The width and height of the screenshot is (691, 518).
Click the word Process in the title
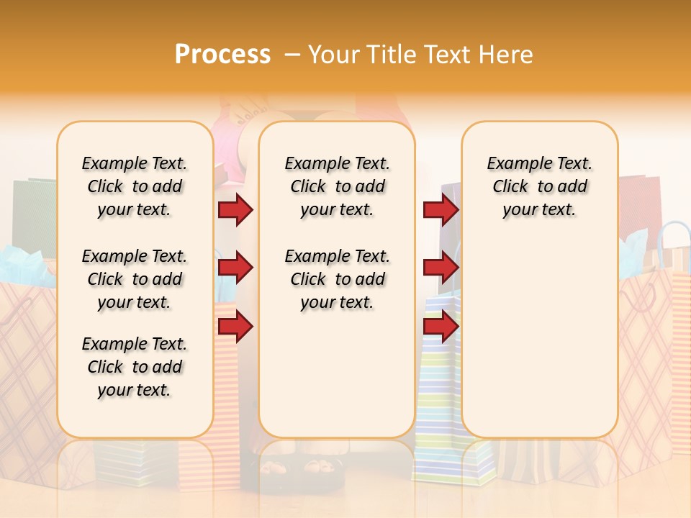(222, 54)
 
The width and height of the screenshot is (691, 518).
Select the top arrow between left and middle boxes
(235, 209)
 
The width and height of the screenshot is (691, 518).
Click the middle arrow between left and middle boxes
(235, 268)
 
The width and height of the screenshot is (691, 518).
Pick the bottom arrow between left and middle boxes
(235, 327)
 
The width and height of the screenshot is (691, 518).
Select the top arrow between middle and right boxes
(440, 209)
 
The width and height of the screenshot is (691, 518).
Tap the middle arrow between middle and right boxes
(440, 268)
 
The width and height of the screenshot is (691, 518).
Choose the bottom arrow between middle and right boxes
(440, 327)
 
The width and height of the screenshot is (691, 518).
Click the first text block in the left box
(135, 186)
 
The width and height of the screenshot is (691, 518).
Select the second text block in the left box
(135, 279)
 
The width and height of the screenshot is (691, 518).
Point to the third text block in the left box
(135, 367)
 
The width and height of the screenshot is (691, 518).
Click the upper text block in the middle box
(337, 186)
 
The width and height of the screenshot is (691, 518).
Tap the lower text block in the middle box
(337, 279)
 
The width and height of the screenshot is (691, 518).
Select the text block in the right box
(539, 186)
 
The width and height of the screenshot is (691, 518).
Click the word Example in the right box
(513, 164)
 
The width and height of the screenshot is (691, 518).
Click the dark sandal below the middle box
(295, 471)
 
